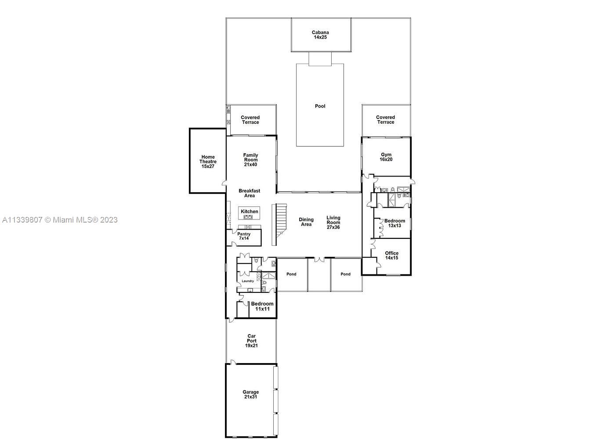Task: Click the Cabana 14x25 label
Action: [x=320, y=35]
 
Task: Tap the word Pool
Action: [x=320, y=106]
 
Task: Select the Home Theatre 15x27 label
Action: [x=208, y=162]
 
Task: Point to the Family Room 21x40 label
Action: [x=250, y=160]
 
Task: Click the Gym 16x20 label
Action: [x=386, y=157]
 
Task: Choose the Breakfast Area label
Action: [x=249, y=193]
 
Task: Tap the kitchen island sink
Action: [x=249, y=217]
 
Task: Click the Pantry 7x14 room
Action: [x=244, y=237]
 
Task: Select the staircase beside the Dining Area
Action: [x=279, y=224]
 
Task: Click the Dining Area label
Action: [x=306, y=222]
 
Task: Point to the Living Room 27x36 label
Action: [x=333, y=222]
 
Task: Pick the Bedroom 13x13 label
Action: [x=394, y=223]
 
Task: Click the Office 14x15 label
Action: [x=391, y=255]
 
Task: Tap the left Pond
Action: [x=291, y=274]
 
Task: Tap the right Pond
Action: [x=346, y=274]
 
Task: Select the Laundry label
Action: [x=247, y=281]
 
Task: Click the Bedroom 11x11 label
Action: [x=262, y=306]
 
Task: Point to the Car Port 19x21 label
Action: [x=251, y=341]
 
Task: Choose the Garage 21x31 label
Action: [x=250, y=394]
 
